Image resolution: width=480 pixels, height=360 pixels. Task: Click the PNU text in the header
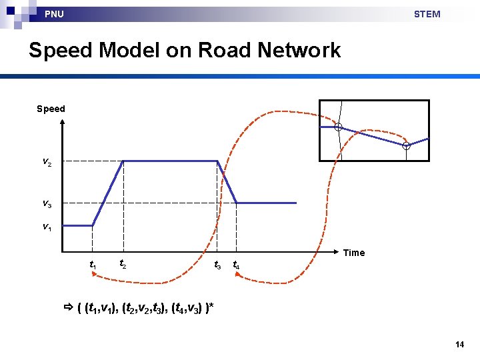pos(54,14)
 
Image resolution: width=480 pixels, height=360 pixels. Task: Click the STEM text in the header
pos(427,14)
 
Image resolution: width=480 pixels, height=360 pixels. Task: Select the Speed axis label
pos(51,109)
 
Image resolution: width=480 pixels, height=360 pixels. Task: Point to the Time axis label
pos(354,253)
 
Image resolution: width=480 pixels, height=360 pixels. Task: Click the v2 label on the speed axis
pos(45,162)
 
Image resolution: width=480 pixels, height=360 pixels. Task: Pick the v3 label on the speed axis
pos(45,203)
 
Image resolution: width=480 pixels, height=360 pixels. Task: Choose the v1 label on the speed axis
pos(45,227)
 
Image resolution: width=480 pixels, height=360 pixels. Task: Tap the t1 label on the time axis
pos(93,265)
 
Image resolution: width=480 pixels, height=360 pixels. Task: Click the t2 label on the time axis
pos(123,263)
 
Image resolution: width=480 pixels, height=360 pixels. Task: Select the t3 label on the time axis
pos(217,265)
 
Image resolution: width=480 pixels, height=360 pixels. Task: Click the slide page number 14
pos(459,345)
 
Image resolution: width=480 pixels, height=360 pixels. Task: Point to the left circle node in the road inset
pos(339,127)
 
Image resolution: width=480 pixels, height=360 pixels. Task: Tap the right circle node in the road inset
pos(406,145)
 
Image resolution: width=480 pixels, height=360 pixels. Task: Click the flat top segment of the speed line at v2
pos(170,161)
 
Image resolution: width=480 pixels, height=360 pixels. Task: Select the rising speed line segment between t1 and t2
pos(107,193)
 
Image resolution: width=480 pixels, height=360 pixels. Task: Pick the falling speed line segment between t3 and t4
pos(227,182)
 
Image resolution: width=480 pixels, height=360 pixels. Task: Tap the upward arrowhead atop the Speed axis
pos(62,123)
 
